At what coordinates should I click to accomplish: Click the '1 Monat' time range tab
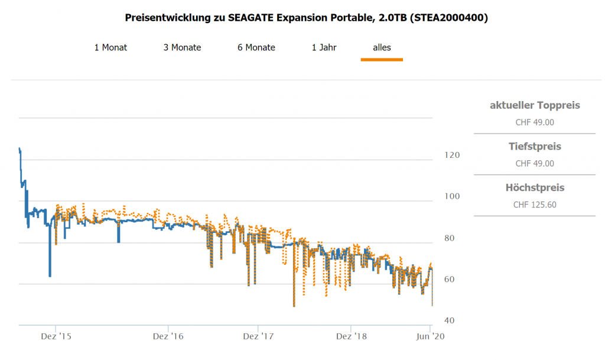110,47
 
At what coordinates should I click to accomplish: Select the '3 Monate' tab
182,47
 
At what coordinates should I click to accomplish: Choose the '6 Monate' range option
256,47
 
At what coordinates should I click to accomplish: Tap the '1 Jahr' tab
324,47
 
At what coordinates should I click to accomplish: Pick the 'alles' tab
382,47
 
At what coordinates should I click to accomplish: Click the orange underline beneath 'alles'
382,59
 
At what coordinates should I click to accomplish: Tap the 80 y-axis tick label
450,238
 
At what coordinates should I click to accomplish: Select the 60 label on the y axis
450,279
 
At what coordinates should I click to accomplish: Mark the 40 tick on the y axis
450,320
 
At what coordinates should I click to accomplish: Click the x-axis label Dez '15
56,336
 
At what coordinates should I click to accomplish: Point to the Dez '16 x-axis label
168,336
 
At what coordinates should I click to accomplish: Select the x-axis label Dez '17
258,336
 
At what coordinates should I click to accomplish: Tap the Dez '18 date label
352,336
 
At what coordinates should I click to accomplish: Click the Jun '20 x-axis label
430,336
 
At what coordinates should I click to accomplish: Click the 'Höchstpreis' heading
535,187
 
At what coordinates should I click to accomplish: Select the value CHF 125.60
535,205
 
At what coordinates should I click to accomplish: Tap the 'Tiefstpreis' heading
535,146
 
